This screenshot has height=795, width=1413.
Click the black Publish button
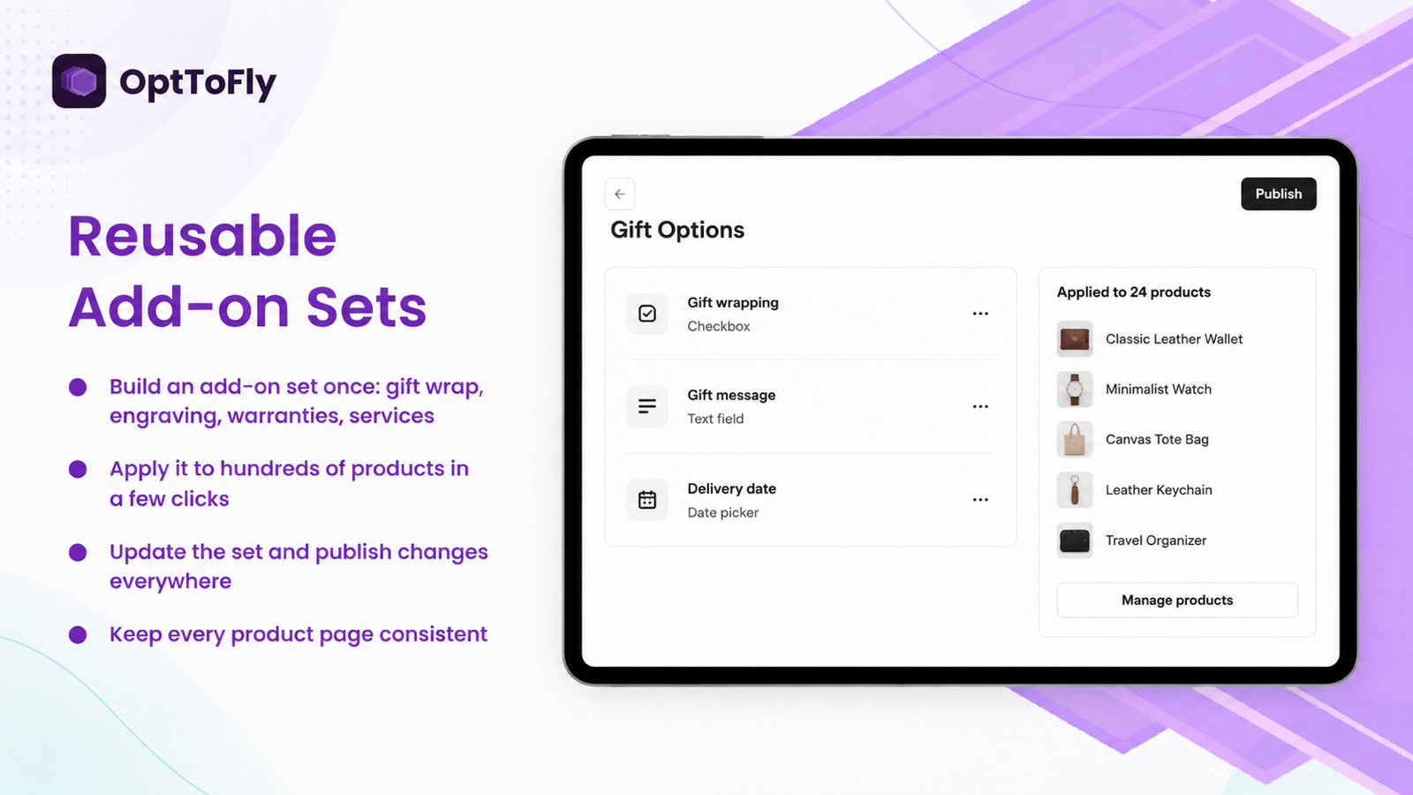[1278, 193]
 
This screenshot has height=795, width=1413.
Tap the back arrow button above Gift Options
[619, 193]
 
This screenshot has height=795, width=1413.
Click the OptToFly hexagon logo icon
[79, 80]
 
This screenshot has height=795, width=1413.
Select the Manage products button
[1177, 600]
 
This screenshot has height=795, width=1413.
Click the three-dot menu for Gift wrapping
[980, 314]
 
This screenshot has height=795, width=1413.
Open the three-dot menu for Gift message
[980, 406]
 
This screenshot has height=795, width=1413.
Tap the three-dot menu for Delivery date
[980, 500]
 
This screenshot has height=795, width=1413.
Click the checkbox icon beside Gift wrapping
[647, 314]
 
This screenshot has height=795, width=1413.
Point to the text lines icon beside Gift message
[647, 406]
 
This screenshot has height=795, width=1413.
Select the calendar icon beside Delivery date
[647, 500]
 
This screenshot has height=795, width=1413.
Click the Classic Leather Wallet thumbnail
[1075, 339]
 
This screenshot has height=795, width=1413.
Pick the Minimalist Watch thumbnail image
[1075, 390]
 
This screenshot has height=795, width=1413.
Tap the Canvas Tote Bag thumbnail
[1075, 439]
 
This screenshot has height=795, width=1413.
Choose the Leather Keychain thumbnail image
[1075, 489]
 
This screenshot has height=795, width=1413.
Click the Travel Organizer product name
[1156, 541]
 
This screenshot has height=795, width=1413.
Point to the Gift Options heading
[676, 231]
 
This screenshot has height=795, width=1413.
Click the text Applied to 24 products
[1134, 292]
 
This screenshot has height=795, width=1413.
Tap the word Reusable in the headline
[202, 236]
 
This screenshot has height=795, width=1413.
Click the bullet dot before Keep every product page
[78, 635]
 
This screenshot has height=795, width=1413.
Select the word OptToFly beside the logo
[198, 83]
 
